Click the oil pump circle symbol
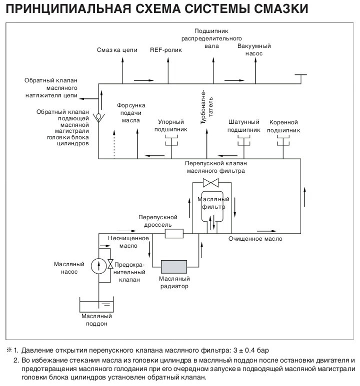[98, 265]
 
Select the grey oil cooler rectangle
[172, 266]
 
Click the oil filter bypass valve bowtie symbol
[211, 182]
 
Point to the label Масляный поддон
[97, 320]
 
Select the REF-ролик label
[166, 50]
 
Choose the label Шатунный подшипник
[244, 126]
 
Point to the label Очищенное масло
[255, 239]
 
